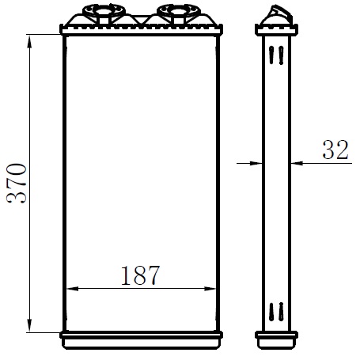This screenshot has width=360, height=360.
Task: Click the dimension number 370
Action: [x=17, y=184]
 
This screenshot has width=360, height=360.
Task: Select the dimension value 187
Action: [x=140, y=275]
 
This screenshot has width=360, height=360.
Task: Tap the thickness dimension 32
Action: [x=335, y=150]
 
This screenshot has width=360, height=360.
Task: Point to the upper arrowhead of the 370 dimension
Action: [x=29, y=42]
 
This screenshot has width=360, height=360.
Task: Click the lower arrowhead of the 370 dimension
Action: [x=29, y=325]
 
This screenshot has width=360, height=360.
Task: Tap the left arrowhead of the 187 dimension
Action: [x=73, y=289]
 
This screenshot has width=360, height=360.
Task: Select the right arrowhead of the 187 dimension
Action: [x=210, y=289]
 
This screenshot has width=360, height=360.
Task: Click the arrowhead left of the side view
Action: [x=256, y=164]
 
